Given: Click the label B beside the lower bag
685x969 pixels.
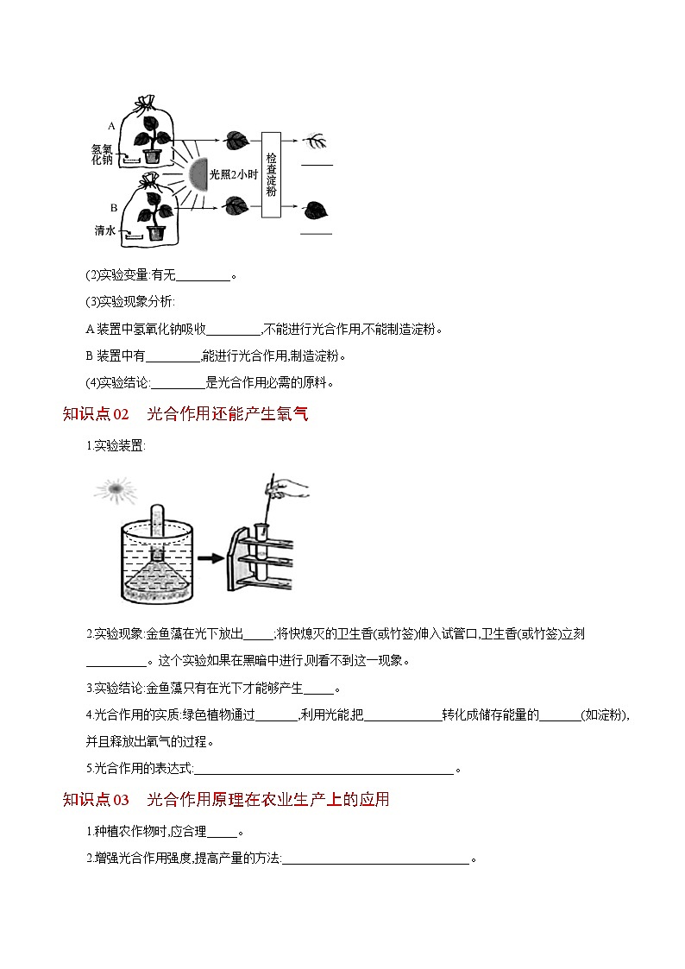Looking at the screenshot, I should (x=113, y=207).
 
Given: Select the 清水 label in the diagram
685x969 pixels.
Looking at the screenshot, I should (x=104, y=231).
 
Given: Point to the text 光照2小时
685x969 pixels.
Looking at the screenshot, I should (x=234, y=174).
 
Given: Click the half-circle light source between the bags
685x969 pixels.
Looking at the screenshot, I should (x=198, y=175).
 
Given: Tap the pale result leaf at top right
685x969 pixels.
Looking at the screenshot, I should (x=316, y=140).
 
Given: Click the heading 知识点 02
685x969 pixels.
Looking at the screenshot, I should (x=96, y=415).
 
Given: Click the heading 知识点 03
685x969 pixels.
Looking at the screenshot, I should (x=96, y=800).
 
